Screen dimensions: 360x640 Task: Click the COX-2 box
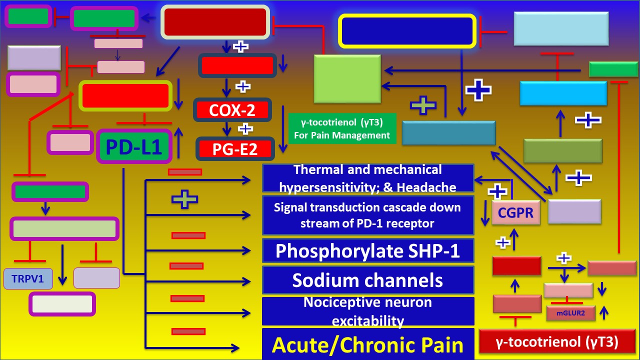(x=232, y=110)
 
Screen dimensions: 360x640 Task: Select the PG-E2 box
(x=234, y=148)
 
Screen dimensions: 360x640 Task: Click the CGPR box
(x=516, y=213)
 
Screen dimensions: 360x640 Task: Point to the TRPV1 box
(x=28, y=279)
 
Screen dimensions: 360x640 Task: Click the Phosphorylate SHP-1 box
(x=367, y=250)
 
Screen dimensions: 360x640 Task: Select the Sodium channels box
(x=367, y=280)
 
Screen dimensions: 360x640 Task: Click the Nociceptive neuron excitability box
(x=367, y=311)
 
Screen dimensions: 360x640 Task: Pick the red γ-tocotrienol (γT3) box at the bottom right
(x=556, y=342)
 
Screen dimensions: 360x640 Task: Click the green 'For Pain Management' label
(x=342, y=128)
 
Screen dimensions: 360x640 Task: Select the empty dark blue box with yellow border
(x=406, y=31)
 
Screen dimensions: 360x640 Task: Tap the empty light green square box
(x=347, y=79)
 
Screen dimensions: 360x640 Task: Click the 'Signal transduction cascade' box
(x=367, y=215)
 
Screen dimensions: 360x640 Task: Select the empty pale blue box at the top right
(x=561, y=29)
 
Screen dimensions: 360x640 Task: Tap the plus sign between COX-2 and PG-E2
(x=245, y=128)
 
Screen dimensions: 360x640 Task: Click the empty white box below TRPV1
(x=62, y=304)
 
